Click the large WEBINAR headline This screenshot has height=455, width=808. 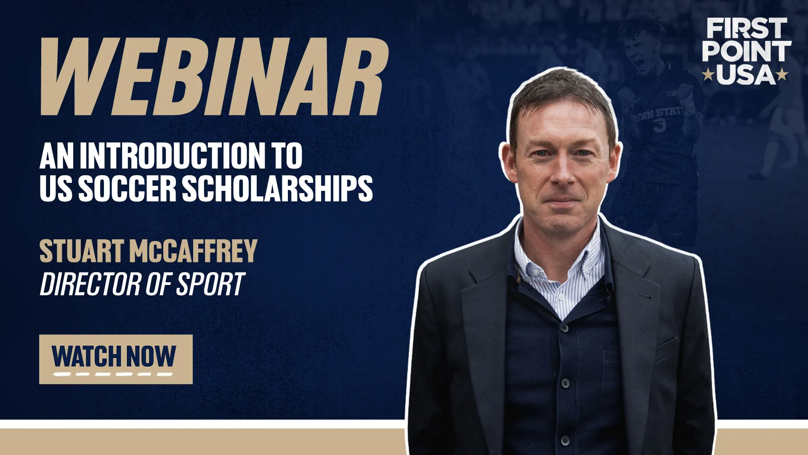214,77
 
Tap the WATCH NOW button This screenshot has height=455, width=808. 116,359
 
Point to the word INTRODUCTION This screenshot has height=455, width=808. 173,156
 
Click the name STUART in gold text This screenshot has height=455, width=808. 82,251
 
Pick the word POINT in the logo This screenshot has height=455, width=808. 747,51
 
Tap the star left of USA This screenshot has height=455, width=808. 708,75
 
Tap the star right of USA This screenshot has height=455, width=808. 782,75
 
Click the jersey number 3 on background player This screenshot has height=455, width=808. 660,126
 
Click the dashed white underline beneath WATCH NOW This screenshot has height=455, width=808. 113,374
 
